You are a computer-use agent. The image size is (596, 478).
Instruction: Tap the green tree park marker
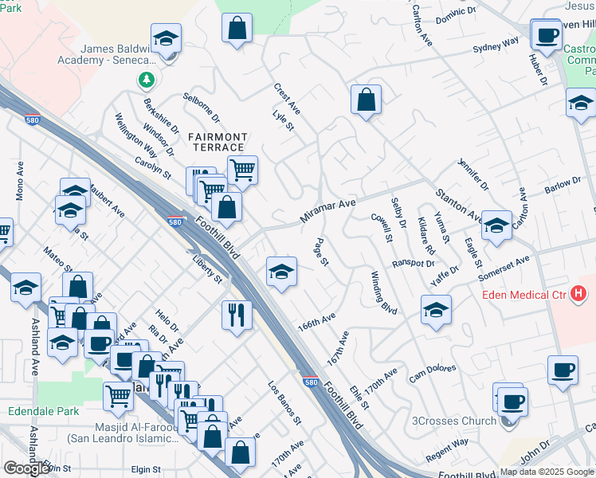146,80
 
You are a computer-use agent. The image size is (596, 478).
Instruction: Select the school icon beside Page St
281,272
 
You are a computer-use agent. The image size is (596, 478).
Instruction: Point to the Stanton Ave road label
458,206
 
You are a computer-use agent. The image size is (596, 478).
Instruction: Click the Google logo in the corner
26,468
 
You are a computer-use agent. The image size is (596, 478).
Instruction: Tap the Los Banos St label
284,404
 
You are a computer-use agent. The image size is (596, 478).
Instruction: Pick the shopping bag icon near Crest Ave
366,100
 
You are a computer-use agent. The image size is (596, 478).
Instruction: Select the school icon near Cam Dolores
436,311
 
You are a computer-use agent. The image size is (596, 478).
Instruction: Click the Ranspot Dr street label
414,262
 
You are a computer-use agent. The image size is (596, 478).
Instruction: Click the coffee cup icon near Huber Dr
546,34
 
